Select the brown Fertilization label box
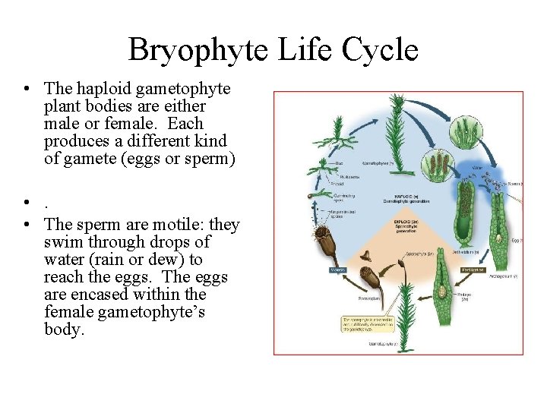point(473,270)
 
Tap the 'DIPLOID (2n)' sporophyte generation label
point(406,227)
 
